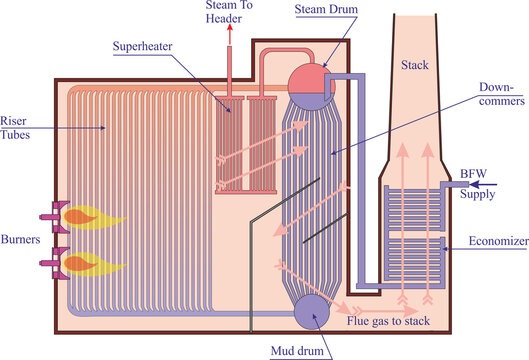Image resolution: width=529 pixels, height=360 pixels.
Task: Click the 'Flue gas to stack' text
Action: pos(394,323)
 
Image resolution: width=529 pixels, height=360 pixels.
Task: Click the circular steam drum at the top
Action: pos(309,78)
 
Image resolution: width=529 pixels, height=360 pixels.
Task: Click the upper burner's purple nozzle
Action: pos(48,214)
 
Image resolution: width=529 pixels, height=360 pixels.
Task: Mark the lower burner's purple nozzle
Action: pos(48,263)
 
